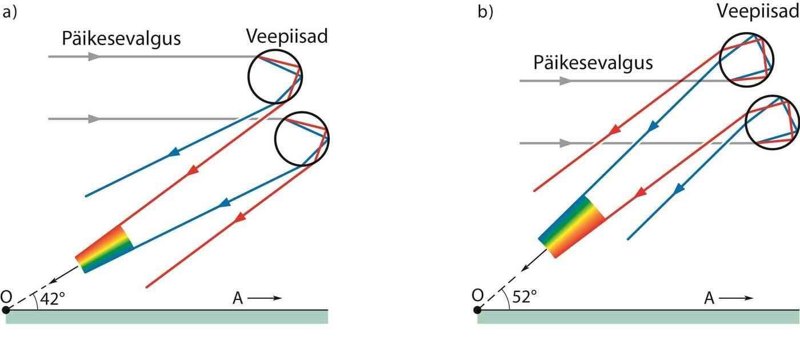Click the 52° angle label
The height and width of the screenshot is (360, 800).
pyautogui.click(x=524, y=298)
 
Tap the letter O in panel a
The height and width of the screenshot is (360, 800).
pyautogui.click(x=7, y=297)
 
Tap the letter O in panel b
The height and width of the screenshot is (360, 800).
pyautogui.click(x=478, y=295)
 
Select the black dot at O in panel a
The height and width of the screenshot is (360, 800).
pyautogui.click(x=6, y=310)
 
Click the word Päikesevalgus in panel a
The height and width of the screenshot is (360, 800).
pyautogui.click(x=121, y=39)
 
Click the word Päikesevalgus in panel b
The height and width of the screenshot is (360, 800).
pyautogui.click(x=593, y=62)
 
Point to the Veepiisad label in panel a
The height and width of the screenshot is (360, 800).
pyautogui.click(x=287, y=37)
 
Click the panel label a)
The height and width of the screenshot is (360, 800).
pyautogui.click(x=10, y=13)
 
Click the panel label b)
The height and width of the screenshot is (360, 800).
pyautogui.click(x=485, y=13)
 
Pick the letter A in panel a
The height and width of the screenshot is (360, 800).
pyautogui.click(x=238, y=298)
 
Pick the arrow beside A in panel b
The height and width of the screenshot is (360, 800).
pyautogui.click(x=736, y=298)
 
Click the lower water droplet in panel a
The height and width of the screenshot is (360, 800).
pyautogui.click(x=302, y=139)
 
